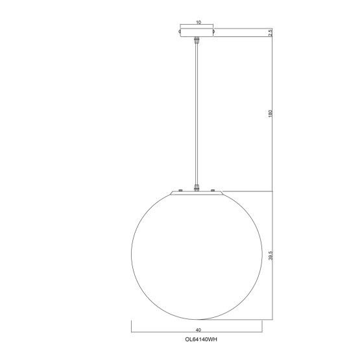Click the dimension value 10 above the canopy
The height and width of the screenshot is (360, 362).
198,21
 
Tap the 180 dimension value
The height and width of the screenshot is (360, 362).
270,114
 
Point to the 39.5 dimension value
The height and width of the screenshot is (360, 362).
270,255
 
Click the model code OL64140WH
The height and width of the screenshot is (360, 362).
198,338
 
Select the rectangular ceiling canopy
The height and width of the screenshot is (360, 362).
198,32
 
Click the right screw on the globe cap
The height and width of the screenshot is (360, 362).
212,189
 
